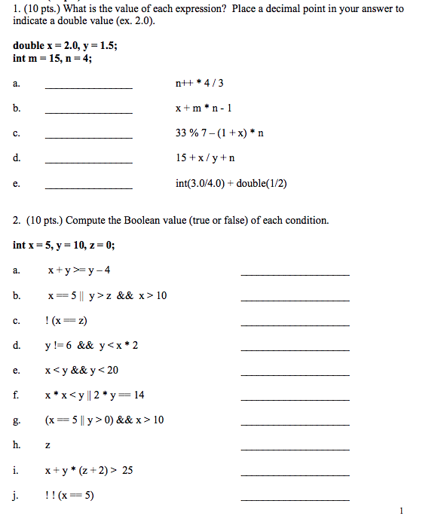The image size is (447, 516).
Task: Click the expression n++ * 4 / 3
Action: coord(199,83)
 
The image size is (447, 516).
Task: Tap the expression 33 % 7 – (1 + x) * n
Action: coord(219,133)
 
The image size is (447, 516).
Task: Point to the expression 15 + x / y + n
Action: coord(205,158)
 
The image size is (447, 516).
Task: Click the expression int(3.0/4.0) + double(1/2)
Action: coord(231,183)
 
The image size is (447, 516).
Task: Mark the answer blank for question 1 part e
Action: coord(89,187)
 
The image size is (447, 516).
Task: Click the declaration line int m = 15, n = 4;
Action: coord(53,58)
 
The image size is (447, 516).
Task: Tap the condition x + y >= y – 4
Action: coord(78,270)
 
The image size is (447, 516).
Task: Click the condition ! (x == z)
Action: coord(66,320)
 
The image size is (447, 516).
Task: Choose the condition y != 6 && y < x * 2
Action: coord(91,345)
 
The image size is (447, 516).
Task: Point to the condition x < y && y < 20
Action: coord(81,370)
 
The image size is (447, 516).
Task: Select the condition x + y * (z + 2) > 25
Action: coord(89,470)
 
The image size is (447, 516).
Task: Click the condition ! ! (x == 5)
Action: coord(69,495)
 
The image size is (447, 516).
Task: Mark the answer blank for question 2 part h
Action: coord(295,449)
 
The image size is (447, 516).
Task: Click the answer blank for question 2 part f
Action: coord(295,399)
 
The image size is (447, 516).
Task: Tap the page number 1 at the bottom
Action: coord(403,510)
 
